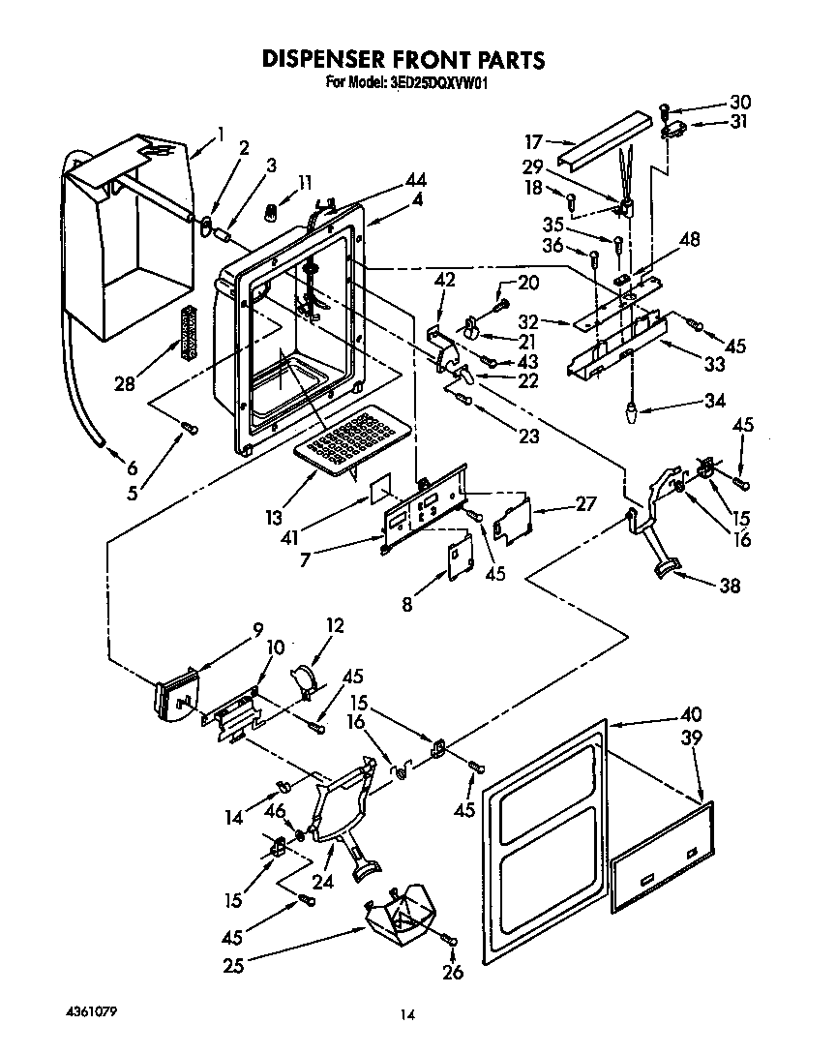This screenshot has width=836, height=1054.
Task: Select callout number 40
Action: (x=692, y=714)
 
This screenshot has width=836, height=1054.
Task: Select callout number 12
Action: (x=336, y=626)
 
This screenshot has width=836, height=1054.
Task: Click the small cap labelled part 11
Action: (x=275, y=207)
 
